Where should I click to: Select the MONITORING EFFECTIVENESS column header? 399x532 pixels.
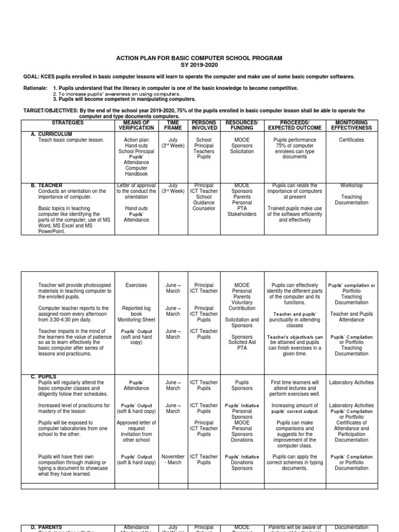tap(351, 125)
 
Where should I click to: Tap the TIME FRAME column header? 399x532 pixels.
tap(172, 125)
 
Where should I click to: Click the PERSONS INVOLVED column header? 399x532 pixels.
tap(204, 125)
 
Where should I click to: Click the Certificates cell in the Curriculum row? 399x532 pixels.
tap(351, 140)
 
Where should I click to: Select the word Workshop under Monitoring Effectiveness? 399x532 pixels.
tap(351, 185)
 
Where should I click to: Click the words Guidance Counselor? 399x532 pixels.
tap(204, 206)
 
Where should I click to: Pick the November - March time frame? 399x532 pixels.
tap(173, 460)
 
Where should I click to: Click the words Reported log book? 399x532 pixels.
tap(136, 311)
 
